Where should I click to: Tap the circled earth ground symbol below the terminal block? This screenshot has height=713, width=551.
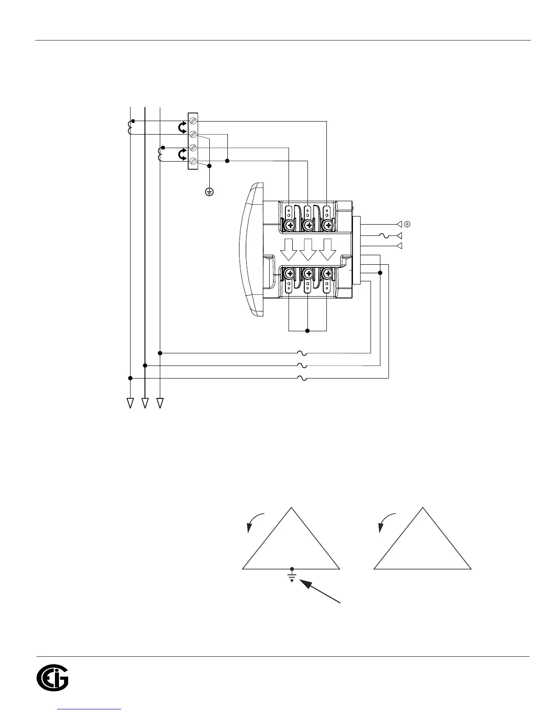[209, 192]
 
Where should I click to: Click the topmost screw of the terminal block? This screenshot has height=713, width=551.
[193, 121]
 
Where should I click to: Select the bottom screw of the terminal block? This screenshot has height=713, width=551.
[193, 161]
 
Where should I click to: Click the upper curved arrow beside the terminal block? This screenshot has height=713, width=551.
[182, 128]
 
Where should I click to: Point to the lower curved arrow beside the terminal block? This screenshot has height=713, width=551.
[182, 154]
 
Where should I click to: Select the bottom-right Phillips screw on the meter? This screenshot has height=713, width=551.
[327, 273]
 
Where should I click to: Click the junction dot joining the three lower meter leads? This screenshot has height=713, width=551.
[307, 331]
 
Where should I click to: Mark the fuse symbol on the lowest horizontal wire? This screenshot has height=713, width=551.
[302, 378]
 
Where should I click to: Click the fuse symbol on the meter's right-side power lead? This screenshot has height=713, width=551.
[384, 235]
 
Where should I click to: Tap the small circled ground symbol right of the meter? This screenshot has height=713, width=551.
[406, 224]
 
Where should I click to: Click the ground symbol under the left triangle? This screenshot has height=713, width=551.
[292, 577]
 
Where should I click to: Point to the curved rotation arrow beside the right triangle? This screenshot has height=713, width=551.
[387, 521]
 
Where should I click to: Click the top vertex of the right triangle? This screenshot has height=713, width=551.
[423, 508]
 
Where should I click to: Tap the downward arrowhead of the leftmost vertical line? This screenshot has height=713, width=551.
[130, 403]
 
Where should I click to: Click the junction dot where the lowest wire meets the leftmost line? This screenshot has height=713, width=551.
[130, 378]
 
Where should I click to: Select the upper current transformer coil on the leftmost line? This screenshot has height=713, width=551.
[130, 127]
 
